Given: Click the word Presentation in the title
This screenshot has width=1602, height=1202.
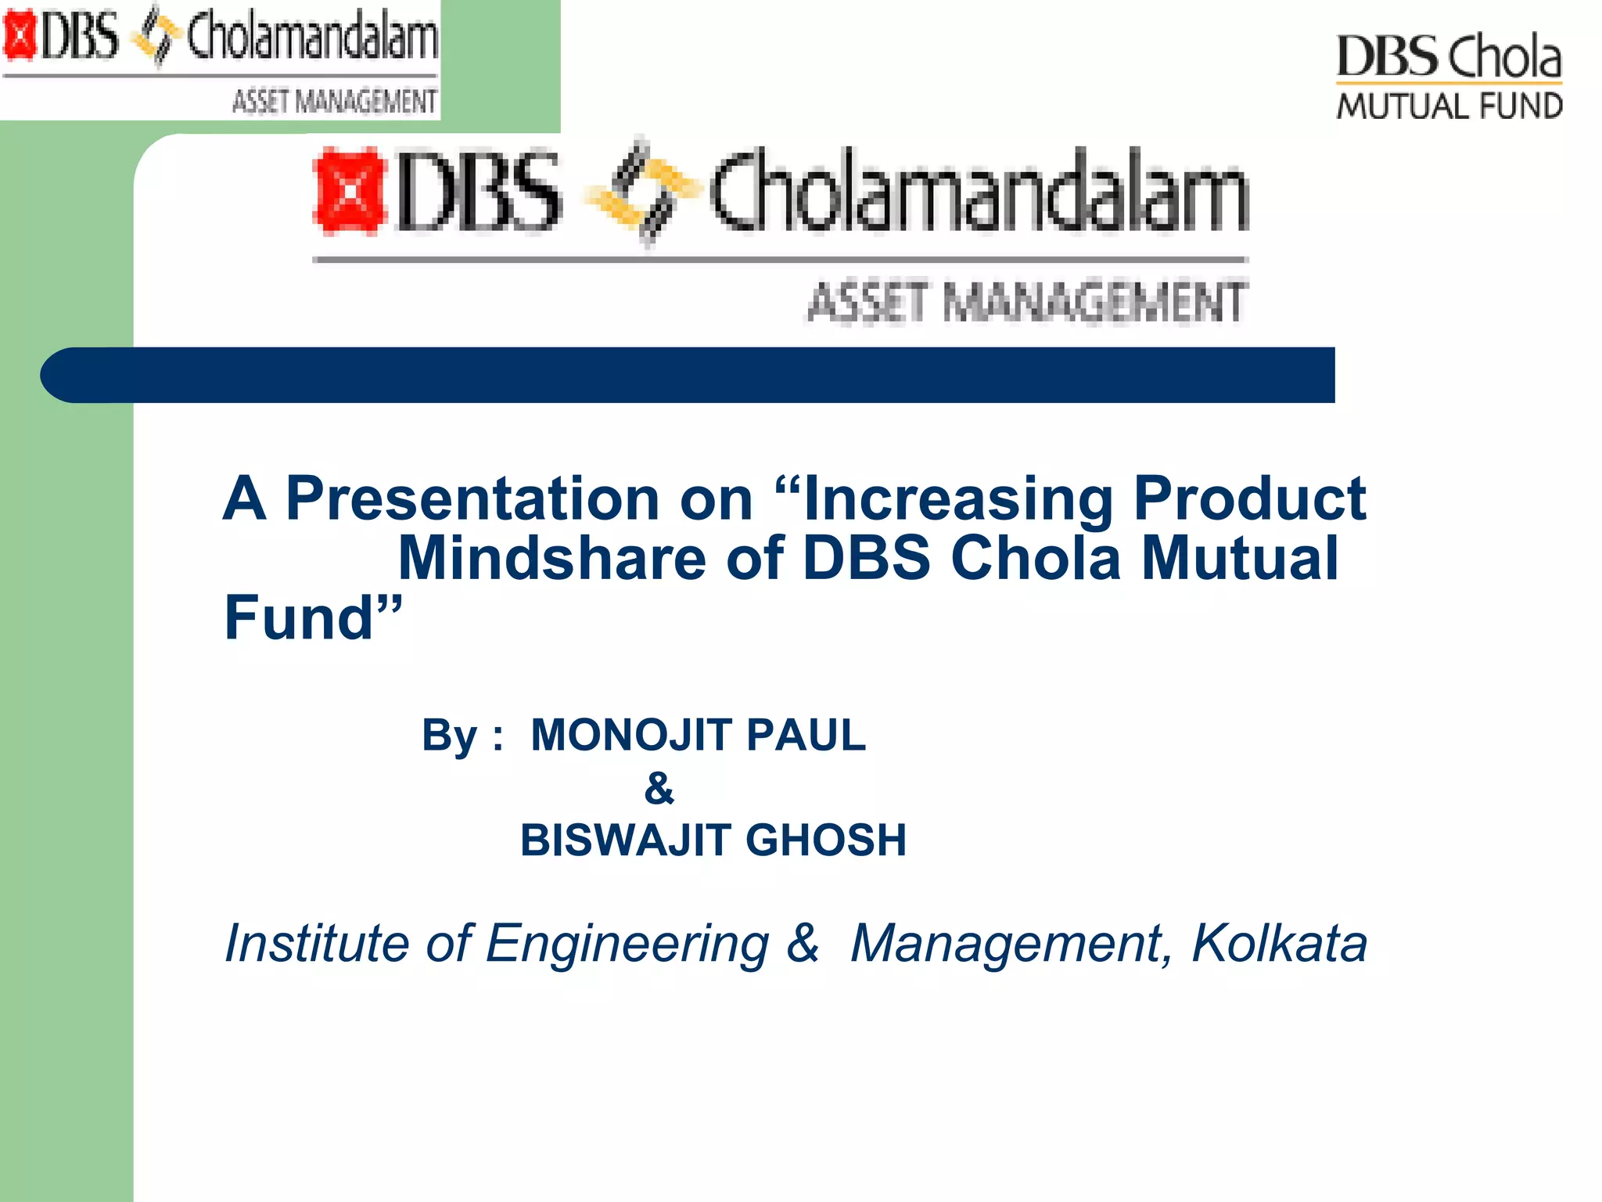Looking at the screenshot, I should [x=472, y=498].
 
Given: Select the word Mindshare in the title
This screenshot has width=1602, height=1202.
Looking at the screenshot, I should [x=552, y=558].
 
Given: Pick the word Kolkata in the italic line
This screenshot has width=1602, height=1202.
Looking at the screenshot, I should [x=1279, y=943].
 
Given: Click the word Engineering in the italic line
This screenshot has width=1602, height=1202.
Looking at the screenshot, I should [x=627, y=945].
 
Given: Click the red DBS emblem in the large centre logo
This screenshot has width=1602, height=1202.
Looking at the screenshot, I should [x=349, y=191].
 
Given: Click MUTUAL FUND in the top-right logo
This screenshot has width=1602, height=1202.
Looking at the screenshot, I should [x=1449, y=106].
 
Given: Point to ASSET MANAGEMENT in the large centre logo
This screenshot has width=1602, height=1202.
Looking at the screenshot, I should [x=1026, y=302].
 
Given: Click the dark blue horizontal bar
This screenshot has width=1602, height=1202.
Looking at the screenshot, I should [x=688, y=375].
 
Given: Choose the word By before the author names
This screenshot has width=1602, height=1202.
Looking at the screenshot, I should [x=449, y=735].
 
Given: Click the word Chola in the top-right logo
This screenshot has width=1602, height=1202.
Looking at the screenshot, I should [x=1503, y=56].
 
